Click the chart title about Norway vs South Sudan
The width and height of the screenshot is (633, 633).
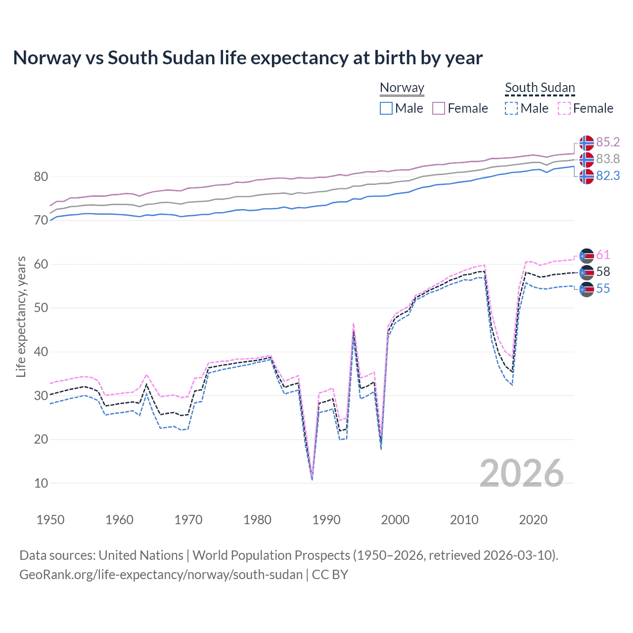[248, 58]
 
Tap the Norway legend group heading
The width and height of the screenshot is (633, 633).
[402, 88]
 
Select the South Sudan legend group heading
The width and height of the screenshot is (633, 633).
[540, 88]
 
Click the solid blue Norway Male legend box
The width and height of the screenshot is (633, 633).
[386, 108]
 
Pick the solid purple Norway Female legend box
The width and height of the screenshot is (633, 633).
[439, 108]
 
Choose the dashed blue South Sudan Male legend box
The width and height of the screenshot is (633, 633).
[511, 108]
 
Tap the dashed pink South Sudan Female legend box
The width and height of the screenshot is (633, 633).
[564, 108]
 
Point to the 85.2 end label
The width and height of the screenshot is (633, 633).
[608, 142]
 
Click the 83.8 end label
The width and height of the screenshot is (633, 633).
[608, 159]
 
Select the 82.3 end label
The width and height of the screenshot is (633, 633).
[608, 176]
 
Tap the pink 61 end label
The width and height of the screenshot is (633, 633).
[603, 255]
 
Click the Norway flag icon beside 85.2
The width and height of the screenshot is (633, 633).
[587, 143]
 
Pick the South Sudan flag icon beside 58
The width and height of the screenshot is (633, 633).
[587, 272]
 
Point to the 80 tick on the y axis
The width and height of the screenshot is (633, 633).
[41, 177]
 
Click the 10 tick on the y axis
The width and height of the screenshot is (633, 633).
[41, 483]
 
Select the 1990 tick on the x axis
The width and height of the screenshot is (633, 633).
[326, 520]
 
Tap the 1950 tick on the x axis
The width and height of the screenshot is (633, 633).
[50, 520]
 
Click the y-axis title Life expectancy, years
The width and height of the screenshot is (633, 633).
[21, 316]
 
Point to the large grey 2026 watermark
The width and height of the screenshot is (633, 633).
[521, 473]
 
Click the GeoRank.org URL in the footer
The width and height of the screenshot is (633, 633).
[161, 575]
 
